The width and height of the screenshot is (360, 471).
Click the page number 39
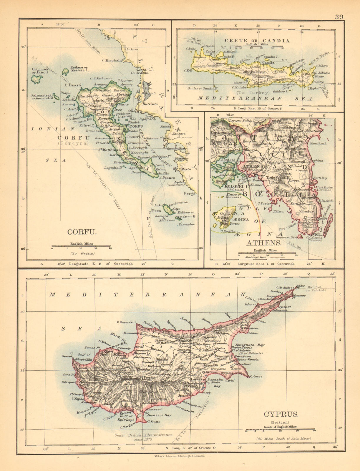(339, 16)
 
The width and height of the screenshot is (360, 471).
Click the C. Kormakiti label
(126, 322)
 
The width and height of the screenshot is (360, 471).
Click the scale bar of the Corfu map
(81, 246)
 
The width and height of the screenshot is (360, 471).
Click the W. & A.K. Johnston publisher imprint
(179, 455)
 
